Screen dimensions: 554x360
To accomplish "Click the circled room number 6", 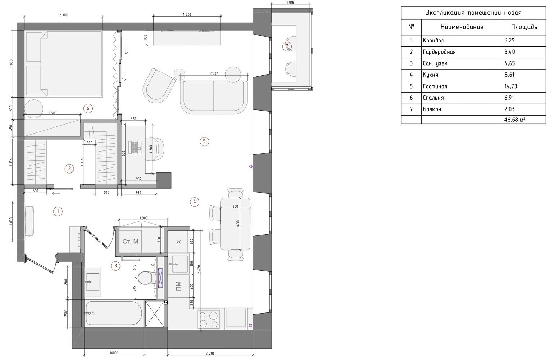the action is click(x=88, y=108).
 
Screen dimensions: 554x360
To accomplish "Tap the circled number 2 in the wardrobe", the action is click(x=69, y=168).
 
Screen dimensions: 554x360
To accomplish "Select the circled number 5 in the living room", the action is click(x=204, y=141).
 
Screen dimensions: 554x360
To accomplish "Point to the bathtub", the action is click(x=114, y=313).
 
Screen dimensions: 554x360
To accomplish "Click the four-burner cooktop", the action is click(x=209, y=319).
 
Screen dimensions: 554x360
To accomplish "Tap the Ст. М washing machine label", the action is click(x=130, y=242).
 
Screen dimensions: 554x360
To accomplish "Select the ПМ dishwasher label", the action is click(x=178, y=286).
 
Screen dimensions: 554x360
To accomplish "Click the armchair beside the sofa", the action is click(x=159, y=86).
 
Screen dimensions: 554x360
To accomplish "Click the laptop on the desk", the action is click(x=135, y=148).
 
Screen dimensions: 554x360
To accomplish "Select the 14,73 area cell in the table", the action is click(x=510, y=86).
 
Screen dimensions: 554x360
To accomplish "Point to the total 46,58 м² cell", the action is click(x=515, y=120).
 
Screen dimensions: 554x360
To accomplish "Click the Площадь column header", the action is click(x=524, y=27).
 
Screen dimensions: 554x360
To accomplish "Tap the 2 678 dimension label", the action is click(x=200, y=269).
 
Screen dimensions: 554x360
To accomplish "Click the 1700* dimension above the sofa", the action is click(x=213, y=73).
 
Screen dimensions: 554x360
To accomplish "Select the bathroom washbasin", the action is click(x=93, y=282).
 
